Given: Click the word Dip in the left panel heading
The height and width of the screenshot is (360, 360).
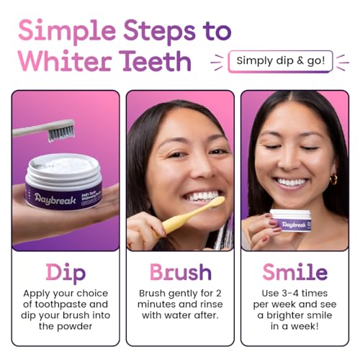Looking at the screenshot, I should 65,273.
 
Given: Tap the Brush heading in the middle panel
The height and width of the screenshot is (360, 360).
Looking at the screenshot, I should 180,273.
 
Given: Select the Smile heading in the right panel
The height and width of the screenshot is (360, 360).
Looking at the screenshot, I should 294,273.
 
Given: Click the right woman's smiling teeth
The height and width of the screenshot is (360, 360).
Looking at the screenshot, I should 293,182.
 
